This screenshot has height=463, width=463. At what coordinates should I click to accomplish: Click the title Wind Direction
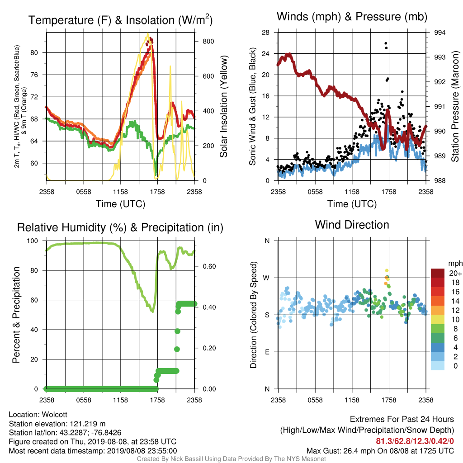[352, 225]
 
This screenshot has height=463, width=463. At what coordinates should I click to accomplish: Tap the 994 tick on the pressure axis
[439, 33]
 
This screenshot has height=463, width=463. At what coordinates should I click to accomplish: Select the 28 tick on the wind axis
[265, 33]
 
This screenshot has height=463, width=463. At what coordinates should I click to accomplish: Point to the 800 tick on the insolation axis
[208, 41]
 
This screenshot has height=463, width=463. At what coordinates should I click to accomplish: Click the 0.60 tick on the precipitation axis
[209, 266]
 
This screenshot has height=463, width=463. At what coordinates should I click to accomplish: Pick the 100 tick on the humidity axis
[33, 241]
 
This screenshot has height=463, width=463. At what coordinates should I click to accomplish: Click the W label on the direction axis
[266, 278]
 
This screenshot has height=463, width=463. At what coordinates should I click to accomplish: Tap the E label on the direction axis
[267, 352]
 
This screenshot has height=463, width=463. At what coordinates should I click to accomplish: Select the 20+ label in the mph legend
[455, 273]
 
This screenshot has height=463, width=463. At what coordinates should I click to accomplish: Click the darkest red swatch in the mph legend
[438, 273]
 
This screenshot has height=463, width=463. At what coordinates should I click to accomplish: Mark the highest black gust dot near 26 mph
[386, 44]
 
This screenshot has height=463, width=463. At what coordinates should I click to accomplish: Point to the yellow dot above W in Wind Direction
[387, 270]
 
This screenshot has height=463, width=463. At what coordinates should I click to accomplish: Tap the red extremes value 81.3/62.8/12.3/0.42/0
[415, 441]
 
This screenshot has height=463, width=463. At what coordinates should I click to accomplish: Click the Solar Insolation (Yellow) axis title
[223, 106]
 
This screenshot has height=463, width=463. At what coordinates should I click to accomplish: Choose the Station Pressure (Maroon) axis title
[455, 106]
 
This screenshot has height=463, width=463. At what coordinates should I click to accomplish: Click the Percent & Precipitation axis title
[16, 315]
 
